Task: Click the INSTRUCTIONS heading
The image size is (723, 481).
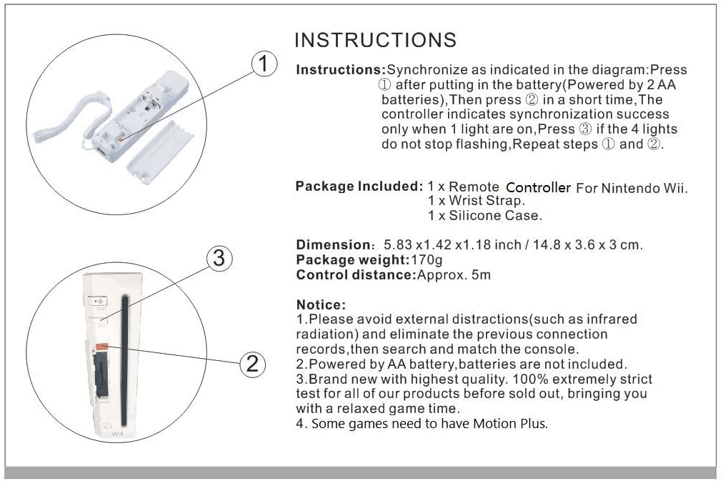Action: (375, 39)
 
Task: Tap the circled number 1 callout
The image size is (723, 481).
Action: (264, 65)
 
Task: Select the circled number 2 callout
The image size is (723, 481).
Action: (251, 364)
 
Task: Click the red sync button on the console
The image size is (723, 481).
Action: (101, 347)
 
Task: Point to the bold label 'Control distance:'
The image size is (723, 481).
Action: (355, 274)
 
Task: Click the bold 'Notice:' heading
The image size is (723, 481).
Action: (321, 305)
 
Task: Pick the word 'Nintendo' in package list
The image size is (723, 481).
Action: (628, 187)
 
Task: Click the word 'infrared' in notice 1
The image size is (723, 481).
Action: (608, 319)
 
